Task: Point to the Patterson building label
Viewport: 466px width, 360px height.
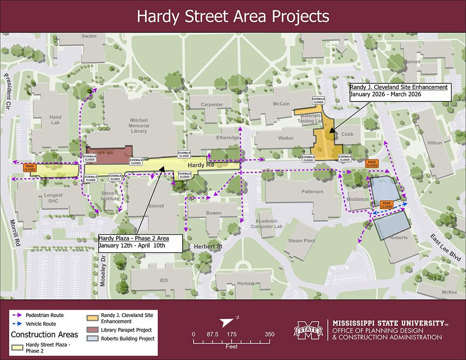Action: [312, 191]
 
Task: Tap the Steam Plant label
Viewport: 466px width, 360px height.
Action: [302, 241]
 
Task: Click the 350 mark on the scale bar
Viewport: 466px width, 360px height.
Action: [269, 334]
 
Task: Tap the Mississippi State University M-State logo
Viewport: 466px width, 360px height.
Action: [309, 332]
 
